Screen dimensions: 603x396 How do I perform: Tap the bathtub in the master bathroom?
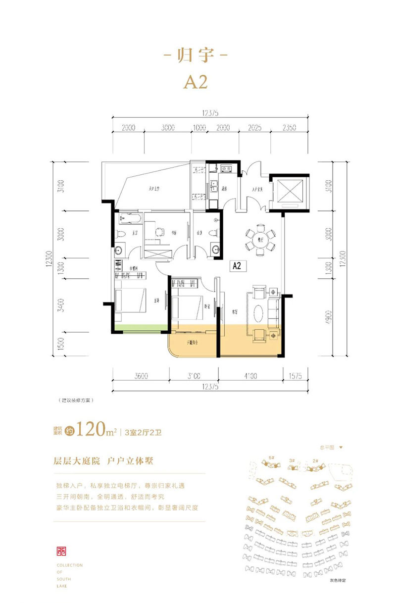(x=130, y=217)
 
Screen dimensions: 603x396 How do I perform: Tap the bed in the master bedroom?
(x=130, y=301)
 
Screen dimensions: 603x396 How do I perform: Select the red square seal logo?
(x=63, y=551)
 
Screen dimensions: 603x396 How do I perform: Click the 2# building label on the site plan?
(x=315, y=460)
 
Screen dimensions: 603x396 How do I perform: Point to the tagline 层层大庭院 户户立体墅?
(x=103, y=461)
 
